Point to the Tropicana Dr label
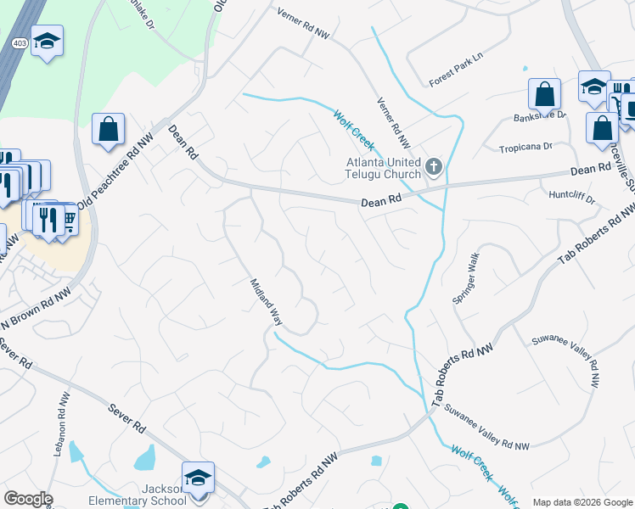pos(525,147)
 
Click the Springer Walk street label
pos(466,278)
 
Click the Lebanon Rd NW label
pos(60,425)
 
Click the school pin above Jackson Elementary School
pos(198,477)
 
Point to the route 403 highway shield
pos(19,42)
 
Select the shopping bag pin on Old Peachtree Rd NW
pos(109,130)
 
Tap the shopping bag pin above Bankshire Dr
pos(544,94)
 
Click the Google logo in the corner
pos(28,499)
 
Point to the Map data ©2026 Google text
pos(582,502)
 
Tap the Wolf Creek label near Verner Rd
pos(353,131)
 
